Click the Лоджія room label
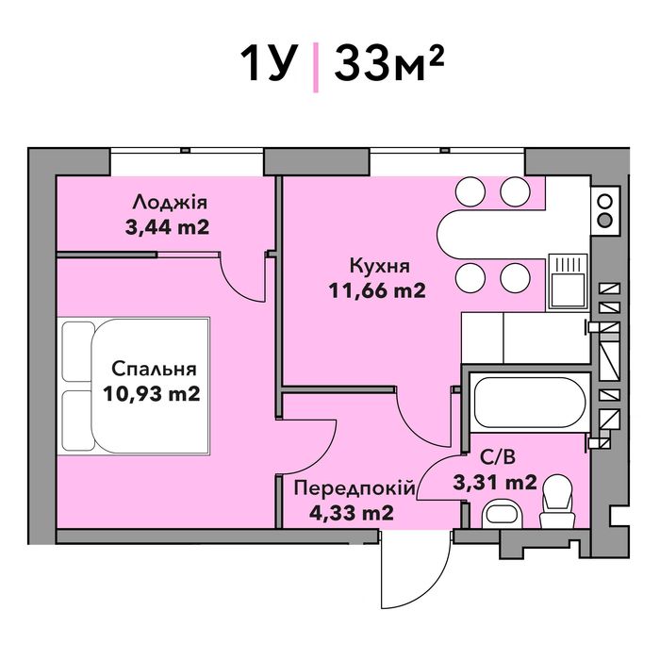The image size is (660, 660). (x=170, y=204)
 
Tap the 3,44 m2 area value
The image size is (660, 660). (x=167, y=228)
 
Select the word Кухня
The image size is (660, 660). (x=380, y=267)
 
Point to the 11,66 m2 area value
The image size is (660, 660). (x=377, y=290)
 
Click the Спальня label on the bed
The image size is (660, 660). (x=154, y=369)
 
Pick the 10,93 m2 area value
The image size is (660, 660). (x=152, y=394)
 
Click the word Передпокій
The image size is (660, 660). (x=355, y=488)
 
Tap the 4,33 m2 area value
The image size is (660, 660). (x=352, y=513)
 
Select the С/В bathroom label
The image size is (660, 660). (x=498, y=457)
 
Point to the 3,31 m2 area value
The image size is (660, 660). (x=495, y=483)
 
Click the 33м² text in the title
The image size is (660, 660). (x=388, y=63)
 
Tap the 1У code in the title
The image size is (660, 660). (x=266, y=63)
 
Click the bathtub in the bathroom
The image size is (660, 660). (x=530, y=403)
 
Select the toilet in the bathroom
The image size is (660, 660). (x=557, y=502)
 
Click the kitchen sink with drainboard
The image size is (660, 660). (x=568, y=282)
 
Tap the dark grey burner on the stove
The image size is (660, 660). (x=605, y=220)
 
